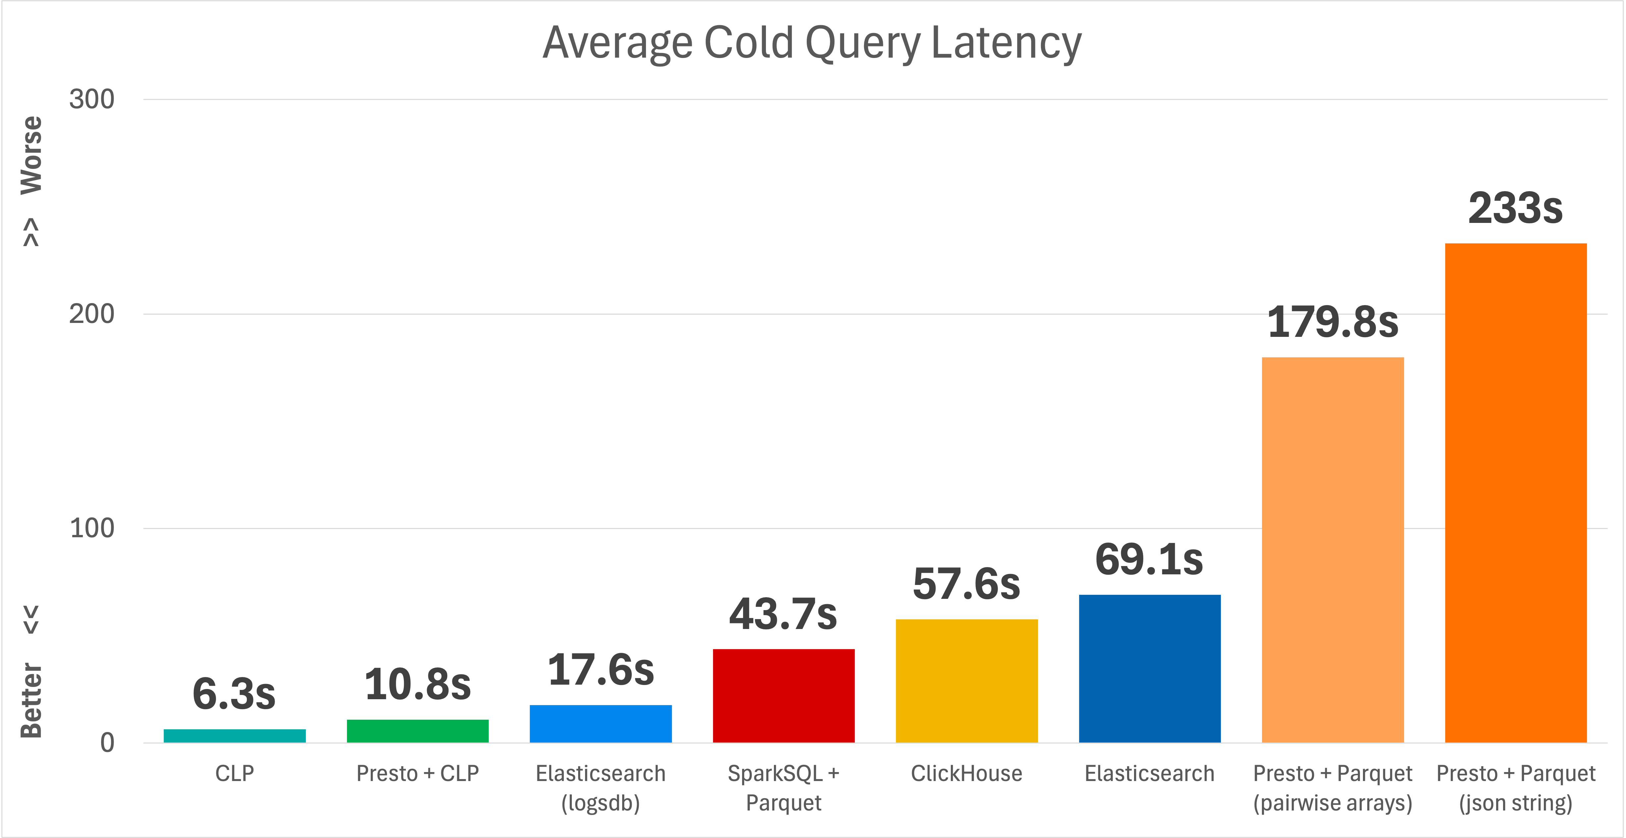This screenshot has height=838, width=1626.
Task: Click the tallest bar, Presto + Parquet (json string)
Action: pyautogui.click(x=1516, y=492)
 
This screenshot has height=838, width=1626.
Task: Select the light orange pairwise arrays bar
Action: pyautogui.click(x=1332, y=549)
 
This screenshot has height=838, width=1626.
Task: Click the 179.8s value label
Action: pyautogui.click(x=1332, y=322)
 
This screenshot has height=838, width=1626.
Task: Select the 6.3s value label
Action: pyautogui.click(x=234, y=694)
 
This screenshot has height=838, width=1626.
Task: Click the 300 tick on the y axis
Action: pyautogui.click(x=91, y=99)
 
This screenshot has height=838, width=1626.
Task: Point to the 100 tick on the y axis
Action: pyautogui.click(x=91, y=528)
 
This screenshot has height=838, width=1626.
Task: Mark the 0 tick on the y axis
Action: pyautogui.click(x=107, y=743)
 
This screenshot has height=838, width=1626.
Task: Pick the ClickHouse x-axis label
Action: pyautogui.click(x=966, y=774)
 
